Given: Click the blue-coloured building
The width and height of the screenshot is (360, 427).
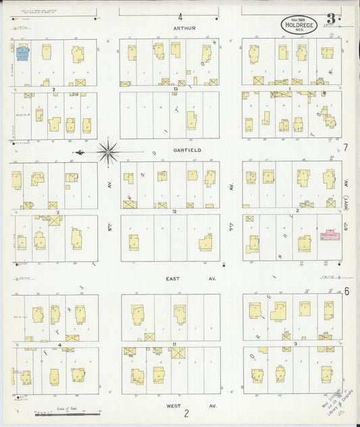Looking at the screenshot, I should tap(22, 53).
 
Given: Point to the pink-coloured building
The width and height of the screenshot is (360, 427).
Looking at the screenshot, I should tap(330, 235).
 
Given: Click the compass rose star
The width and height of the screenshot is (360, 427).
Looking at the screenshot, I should tap(108, 152).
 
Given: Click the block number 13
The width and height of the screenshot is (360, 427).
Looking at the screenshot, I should tap(174, 89).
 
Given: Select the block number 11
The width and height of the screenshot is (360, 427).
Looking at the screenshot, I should tap(174, 345).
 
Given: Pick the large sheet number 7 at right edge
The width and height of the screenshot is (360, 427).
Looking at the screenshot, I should tap(345, 147).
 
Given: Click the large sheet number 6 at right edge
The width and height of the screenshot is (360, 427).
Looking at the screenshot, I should tap(346, 291).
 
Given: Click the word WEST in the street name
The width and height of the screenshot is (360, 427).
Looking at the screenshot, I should tap(174, 405).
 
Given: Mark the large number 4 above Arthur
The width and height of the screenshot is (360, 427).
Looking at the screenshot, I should tap(180, 16).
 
